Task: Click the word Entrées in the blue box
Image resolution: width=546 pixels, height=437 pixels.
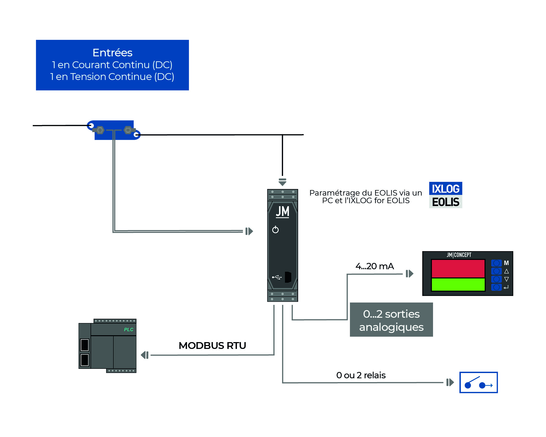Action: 112,53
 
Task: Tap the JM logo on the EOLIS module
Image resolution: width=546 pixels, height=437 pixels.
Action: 282,212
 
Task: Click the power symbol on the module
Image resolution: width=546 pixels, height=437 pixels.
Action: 275,230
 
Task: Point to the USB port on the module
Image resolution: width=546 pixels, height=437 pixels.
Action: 288,277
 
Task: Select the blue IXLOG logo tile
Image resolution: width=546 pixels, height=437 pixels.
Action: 445,188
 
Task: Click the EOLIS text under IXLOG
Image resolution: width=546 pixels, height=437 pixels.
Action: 445,202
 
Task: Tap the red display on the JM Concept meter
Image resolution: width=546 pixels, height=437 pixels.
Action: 458,268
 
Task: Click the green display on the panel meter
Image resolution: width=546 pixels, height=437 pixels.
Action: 458,284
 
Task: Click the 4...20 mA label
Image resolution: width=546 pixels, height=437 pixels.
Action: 374,266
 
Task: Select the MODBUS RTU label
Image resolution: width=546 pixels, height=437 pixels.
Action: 212,346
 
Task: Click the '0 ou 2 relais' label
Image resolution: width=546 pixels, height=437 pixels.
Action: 361,375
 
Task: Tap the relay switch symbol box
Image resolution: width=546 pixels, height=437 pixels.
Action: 478,382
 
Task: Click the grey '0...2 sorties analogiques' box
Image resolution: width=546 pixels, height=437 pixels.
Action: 391,320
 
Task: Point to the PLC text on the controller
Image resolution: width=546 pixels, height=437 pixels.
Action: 128,330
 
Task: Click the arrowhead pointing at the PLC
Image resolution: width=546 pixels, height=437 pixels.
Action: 145,355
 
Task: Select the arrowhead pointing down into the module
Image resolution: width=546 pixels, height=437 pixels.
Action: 282,182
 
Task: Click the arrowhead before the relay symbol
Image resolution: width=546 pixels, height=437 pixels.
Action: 450,382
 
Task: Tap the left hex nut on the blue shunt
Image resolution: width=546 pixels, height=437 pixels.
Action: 100,130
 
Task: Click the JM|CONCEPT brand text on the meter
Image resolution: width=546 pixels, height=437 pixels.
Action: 459,255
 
